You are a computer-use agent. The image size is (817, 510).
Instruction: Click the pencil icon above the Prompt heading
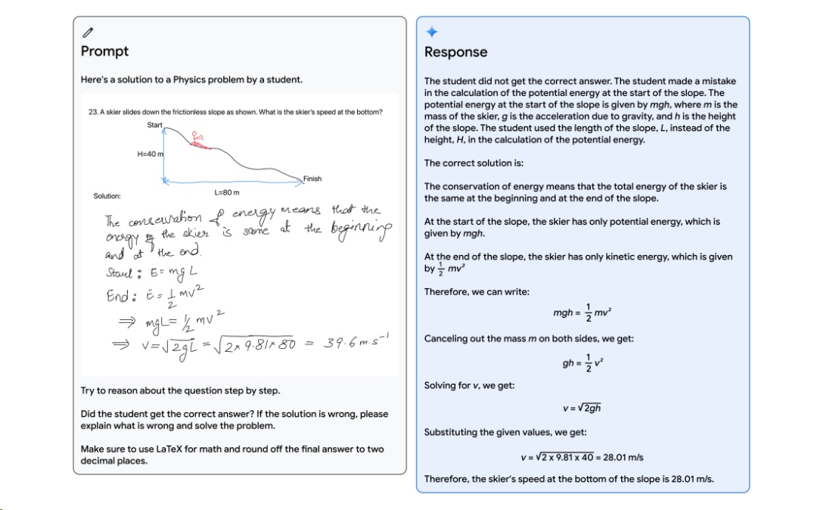coord(88,33)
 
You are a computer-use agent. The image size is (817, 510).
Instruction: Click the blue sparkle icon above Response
coord(431,33)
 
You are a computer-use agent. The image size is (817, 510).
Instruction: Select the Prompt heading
coord(104,51)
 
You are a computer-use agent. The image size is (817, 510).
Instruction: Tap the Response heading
coord(455,52)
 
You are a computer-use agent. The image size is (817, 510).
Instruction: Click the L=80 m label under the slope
coord(227,192)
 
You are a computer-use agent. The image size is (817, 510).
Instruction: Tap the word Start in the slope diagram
coord(154,125)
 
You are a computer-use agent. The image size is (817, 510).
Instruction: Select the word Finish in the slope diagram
coord(312,179)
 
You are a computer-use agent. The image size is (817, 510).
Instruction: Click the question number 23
coord(93,112)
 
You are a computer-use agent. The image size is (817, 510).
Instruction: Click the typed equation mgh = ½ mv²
coord(582,313)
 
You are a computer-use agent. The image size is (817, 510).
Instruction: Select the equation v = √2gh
coord(582,409)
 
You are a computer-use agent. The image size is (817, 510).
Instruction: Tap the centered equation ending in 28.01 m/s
coord(582,457)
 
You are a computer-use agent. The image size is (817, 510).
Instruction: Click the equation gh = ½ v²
coord(582,362)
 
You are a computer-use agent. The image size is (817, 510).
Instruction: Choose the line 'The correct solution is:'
coord(474,163)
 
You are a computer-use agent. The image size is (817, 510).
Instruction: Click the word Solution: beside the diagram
coord(107,196)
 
